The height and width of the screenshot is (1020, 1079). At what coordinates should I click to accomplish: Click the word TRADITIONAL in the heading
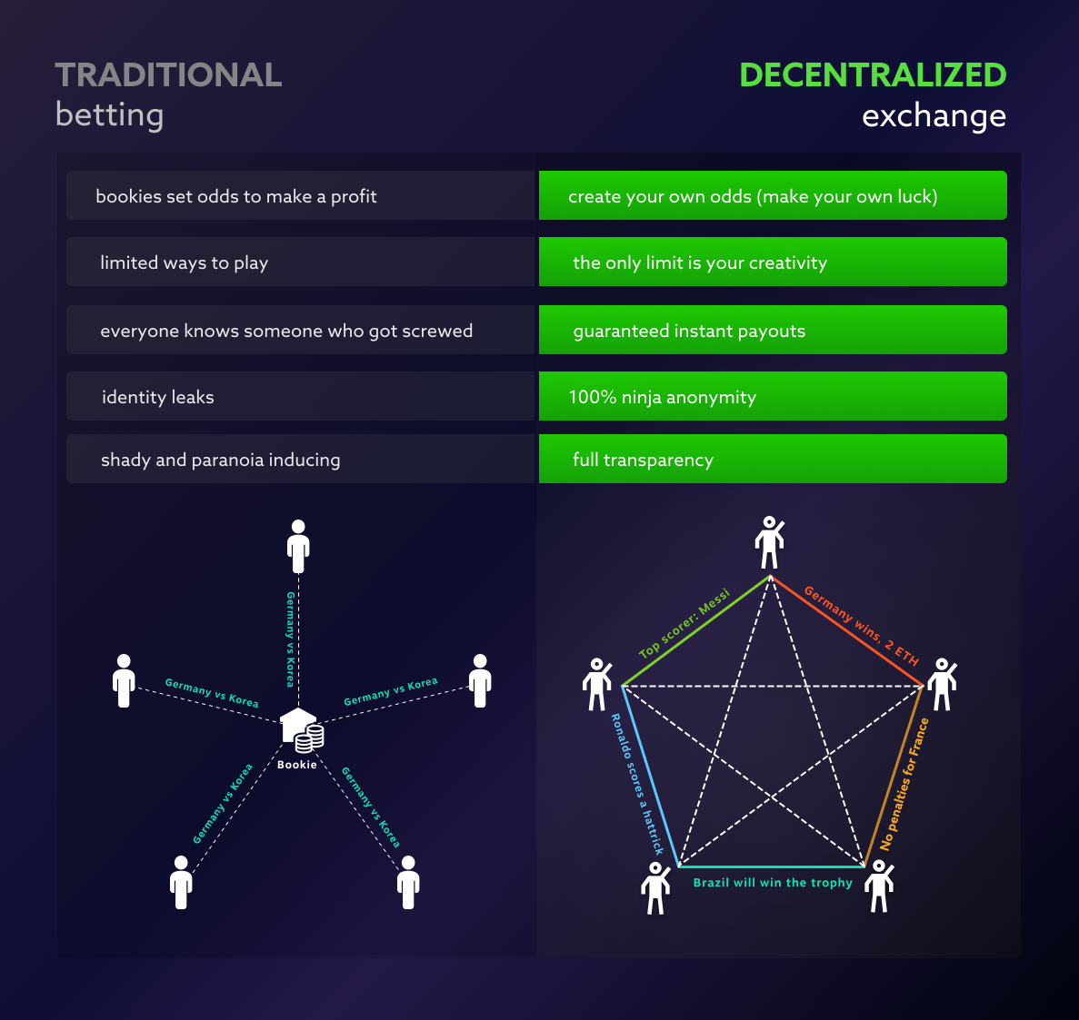(x=168, y=75)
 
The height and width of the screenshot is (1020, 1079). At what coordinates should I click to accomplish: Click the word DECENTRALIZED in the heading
(x=873, y=75)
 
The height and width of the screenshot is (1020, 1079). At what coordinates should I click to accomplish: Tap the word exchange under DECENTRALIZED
(x=934, y=116)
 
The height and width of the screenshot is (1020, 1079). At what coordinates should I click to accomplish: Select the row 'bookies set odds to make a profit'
(x=300, y=196)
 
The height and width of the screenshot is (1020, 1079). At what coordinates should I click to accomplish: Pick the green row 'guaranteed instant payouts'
(x=773, y=331)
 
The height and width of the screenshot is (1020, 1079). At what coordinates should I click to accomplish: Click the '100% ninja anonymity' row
(x=773, y=397)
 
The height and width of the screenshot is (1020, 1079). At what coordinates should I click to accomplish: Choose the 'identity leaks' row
(x=300, y=397)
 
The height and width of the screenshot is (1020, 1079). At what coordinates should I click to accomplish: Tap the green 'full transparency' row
(x=773, y=460)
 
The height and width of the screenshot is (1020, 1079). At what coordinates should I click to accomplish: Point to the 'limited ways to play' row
(x=300, y=262)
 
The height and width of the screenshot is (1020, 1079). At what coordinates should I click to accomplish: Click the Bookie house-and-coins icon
(x=301, y=730)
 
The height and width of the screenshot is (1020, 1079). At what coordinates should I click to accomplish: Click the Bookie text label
(x=297, y=765)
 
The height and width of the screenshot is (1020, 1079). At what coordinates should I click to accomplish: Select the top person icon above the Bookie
(x=298, y=546)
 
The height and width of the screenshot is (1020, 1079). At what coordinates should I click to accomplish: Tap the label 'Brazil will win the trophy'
(x=773, y=883)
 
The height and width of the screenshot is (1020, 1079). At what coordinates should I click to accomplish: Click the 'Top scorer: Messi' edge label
(x=684, y=624)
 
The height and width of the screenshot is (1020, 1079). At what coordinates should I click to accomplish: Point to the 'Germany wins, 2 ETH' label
(x=861, y=626)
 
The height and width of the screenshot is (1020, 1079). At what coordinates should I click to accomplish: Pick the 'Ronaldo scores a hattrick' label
(x=636, y=784)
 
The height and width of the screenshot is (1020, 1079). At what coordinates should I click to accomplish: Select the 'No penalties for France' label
(x=904, y=784)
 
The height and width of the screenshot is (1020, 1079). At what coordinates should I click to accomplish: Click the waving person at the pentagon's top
(x=769, y=542)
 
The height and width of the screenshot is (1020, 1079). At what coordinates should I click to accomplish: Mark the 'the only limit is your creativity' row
(x=773, y=262)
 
